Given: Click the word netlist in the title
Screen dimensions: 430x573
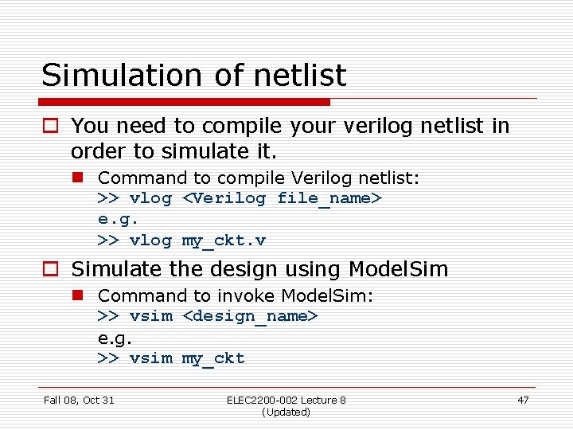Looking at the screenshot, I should pyautogui.click(x=301, y=76).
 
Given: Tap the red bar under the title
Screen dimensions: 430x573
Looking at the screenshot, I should pyautogui.click(x=185, y=102).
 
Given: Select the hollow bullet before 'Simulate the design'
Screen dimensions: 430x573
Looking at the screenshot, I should pyautogui.click(x=53, y=270).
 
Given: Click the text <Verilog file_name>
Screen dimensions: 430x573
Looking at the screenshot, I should pyautogui.click(x=283, y=198).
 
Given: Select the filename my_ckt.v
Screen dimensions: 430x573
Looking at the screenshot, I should pyautogui.click(x=224, y=240).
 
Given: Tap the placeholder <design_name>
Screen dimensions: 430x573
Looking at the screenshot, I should pyautogui.click(x=251, y=316).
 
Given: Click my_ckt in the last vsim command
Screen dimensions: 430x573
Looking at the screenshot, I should pyautogui.click(x=213, y=358).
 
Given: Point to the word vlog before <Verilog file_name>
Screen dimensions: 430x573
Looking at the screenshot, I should pyautogui.click(x=150, y=198).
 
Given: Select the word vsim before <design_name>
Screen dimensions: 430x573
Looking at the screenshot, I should pyautogui.click(x=150, y=316).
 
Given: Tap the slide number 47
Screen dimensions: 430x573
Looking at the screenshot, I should pyautogui.click(x=522, y=400).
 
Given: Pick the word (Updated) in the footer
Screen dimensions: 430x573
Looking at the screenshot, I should pyautogui.click(x=286, y=412).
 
